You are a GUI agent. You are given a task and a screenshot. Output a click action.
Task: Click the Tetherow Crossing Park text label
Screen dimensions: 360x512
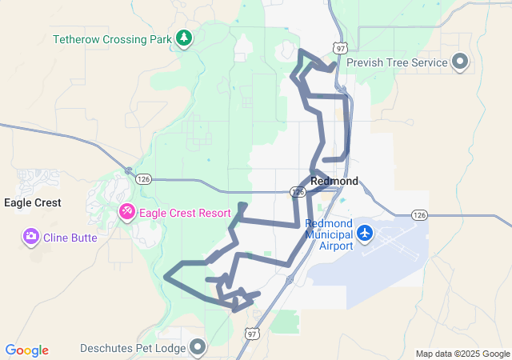(x=112, y=38)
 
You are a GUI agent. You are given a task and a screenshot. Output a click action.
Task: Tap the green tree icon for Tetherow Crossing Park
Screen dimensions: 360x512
(x=185, y=38)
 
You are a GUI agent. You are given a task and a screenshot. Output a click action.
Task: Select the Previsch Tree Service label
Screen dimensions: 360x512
(x=403, y=62)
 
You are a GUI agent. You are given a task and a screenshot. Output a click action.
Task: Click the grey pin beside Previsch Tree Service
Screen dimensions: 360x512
(x=460, y=62)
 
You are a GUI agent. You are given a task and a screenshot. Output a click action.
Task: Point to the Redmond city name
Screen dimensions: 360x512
(x=334, y=182)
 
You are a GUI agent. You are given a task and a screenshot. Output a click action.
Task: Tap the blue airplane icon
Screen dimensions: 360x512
(x=366, y=232)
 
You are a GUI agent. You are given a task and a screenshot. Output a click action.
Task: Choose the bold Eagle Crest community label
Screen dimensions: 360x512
(x=33, y=203)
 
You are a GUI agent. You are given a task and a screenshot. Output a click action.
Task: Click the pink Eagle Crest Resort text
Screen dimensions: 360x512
(x=185, y=213)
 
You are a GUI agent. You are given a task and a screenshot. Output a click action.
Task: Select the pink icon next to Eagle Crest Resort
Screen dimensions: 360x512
(x=127, y=212)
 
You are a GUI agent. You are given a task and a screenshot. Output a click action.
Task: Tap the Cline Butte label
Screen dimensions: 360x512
(x=71, y=238)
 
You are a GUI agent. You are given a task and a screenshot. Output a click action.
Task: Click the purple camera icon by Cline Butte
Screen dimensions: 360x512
(x=31, y=237)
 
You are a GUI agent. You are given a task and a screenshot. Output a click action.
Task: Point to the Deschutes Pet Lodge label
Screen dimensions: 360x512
(x=132, y=348)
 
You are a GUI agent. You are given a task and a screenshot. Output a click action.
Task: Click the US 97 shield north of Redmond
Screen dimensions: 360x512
(x=342, y=49)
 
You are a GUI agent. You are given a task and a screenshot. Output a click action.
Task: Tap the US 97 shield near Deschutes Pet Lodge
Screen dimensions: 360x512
(x=253, y=333)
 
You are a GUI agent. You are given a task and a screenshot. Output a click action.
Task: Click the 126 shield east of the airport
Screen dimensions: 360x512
(x=419, y=214)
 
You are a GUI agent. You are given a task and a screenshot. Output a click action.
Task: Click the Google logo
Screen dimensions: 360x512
(x=26, y=350)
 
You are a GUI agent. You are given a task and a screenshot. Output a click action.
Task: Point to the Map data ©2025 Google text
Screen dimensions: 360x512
(x=462, y=354)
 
